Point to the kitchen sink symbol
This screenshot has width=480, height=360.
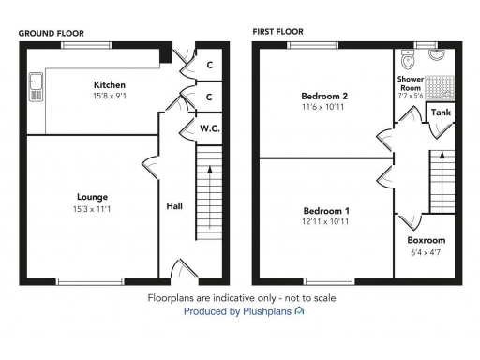36,86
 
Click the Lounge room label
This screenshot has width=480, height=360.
92,197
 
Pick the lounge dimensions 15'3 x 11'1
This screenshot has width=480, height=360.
92,208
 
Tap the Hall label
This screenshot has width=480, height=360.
174,206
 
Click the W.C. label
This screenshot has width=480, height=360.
209,128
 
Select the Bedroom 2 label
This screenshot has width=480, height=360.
324,97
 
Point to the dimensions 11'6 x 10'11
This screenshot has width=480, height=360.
324,108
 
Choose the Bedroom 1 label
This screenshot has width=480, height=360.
325,210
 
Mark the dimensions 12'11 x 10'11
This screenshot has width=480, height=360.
325,221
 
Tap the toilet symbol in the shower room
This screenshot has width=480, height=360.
406,60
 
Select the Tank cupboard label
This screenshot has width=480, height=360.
440,112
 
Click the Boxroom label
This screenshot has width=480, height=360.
427,239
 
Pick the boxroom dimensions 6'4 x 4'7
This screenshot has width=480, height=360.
427,250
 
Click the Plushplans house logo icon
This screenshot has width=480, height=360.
298,310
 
